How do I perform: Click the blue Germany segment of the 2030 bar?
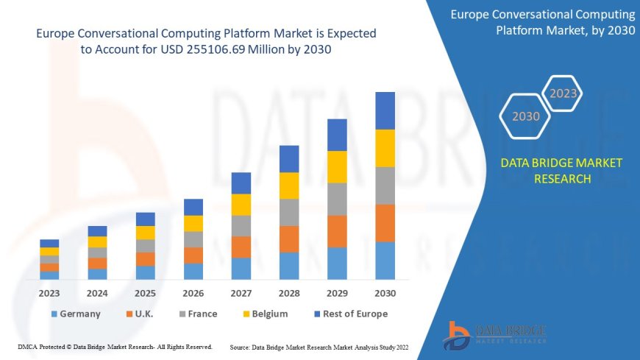click(x=385, y=261)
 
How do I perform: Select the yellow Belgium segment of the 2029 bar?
click(x=337, y=166)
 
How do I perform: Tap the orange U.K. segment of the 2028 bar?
click(x=289, y=239)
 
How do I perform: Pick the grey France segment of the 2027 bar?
click(x=241, y=225)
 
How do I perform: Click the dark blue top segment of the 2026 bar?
click(x=193, y=207)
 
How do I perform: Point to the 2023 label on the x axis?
click(x=49, y=293)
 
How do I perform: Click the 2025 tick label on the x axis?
click(x=146, y=293)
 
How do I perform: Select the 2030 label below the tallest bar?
click(x=385, y=293)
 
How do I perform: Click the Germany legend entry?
click(x=76, y=314)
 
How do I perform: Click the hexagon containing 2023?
click(x=563, y=93)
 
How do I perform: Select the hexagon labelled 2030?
click(x=525, y=116)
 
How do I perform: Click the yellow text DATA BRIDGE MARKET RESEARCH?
click(x=561, y=171)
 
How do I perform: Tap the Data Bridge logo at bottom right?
click(x=494, y=335)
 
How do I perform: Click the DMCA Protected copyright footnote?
click(x=115, y=347)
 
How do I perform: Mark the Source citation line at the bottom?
click(x=319, y=347)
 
